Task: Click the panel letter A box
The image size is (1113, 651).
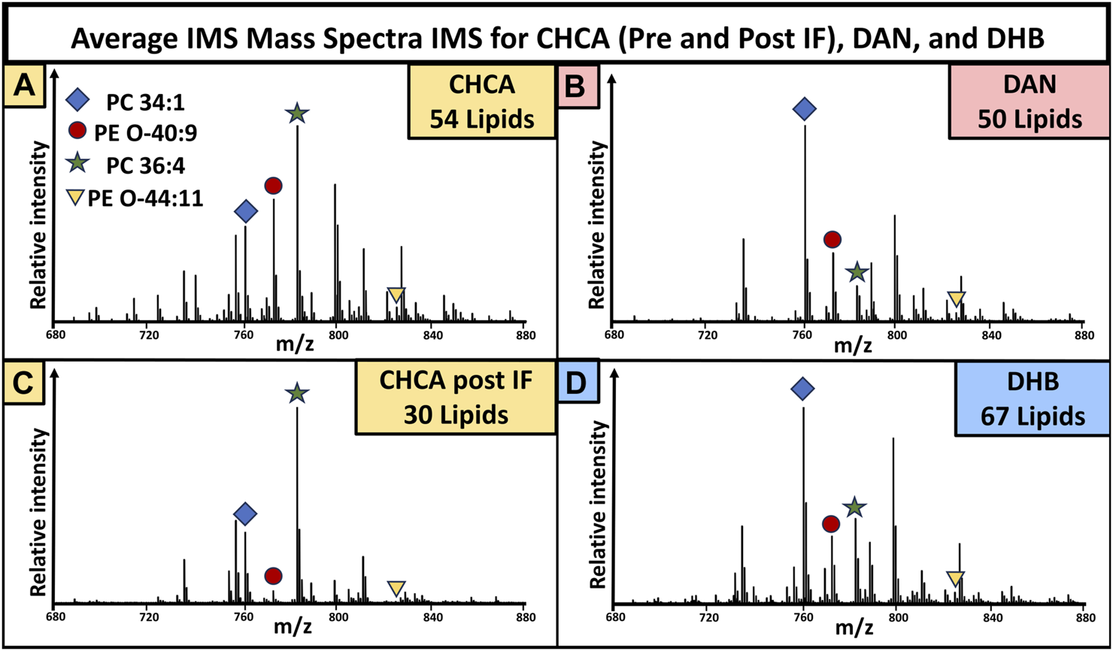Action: (x=23, y=86)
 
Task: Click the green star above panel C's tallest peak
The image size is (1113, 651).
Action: (x=297, y=392)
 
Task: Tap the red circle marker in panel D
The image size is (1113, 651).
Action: (x=830, y=523)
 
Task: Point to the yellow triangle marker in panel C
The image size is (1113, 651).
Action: (x=396, y=589)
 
